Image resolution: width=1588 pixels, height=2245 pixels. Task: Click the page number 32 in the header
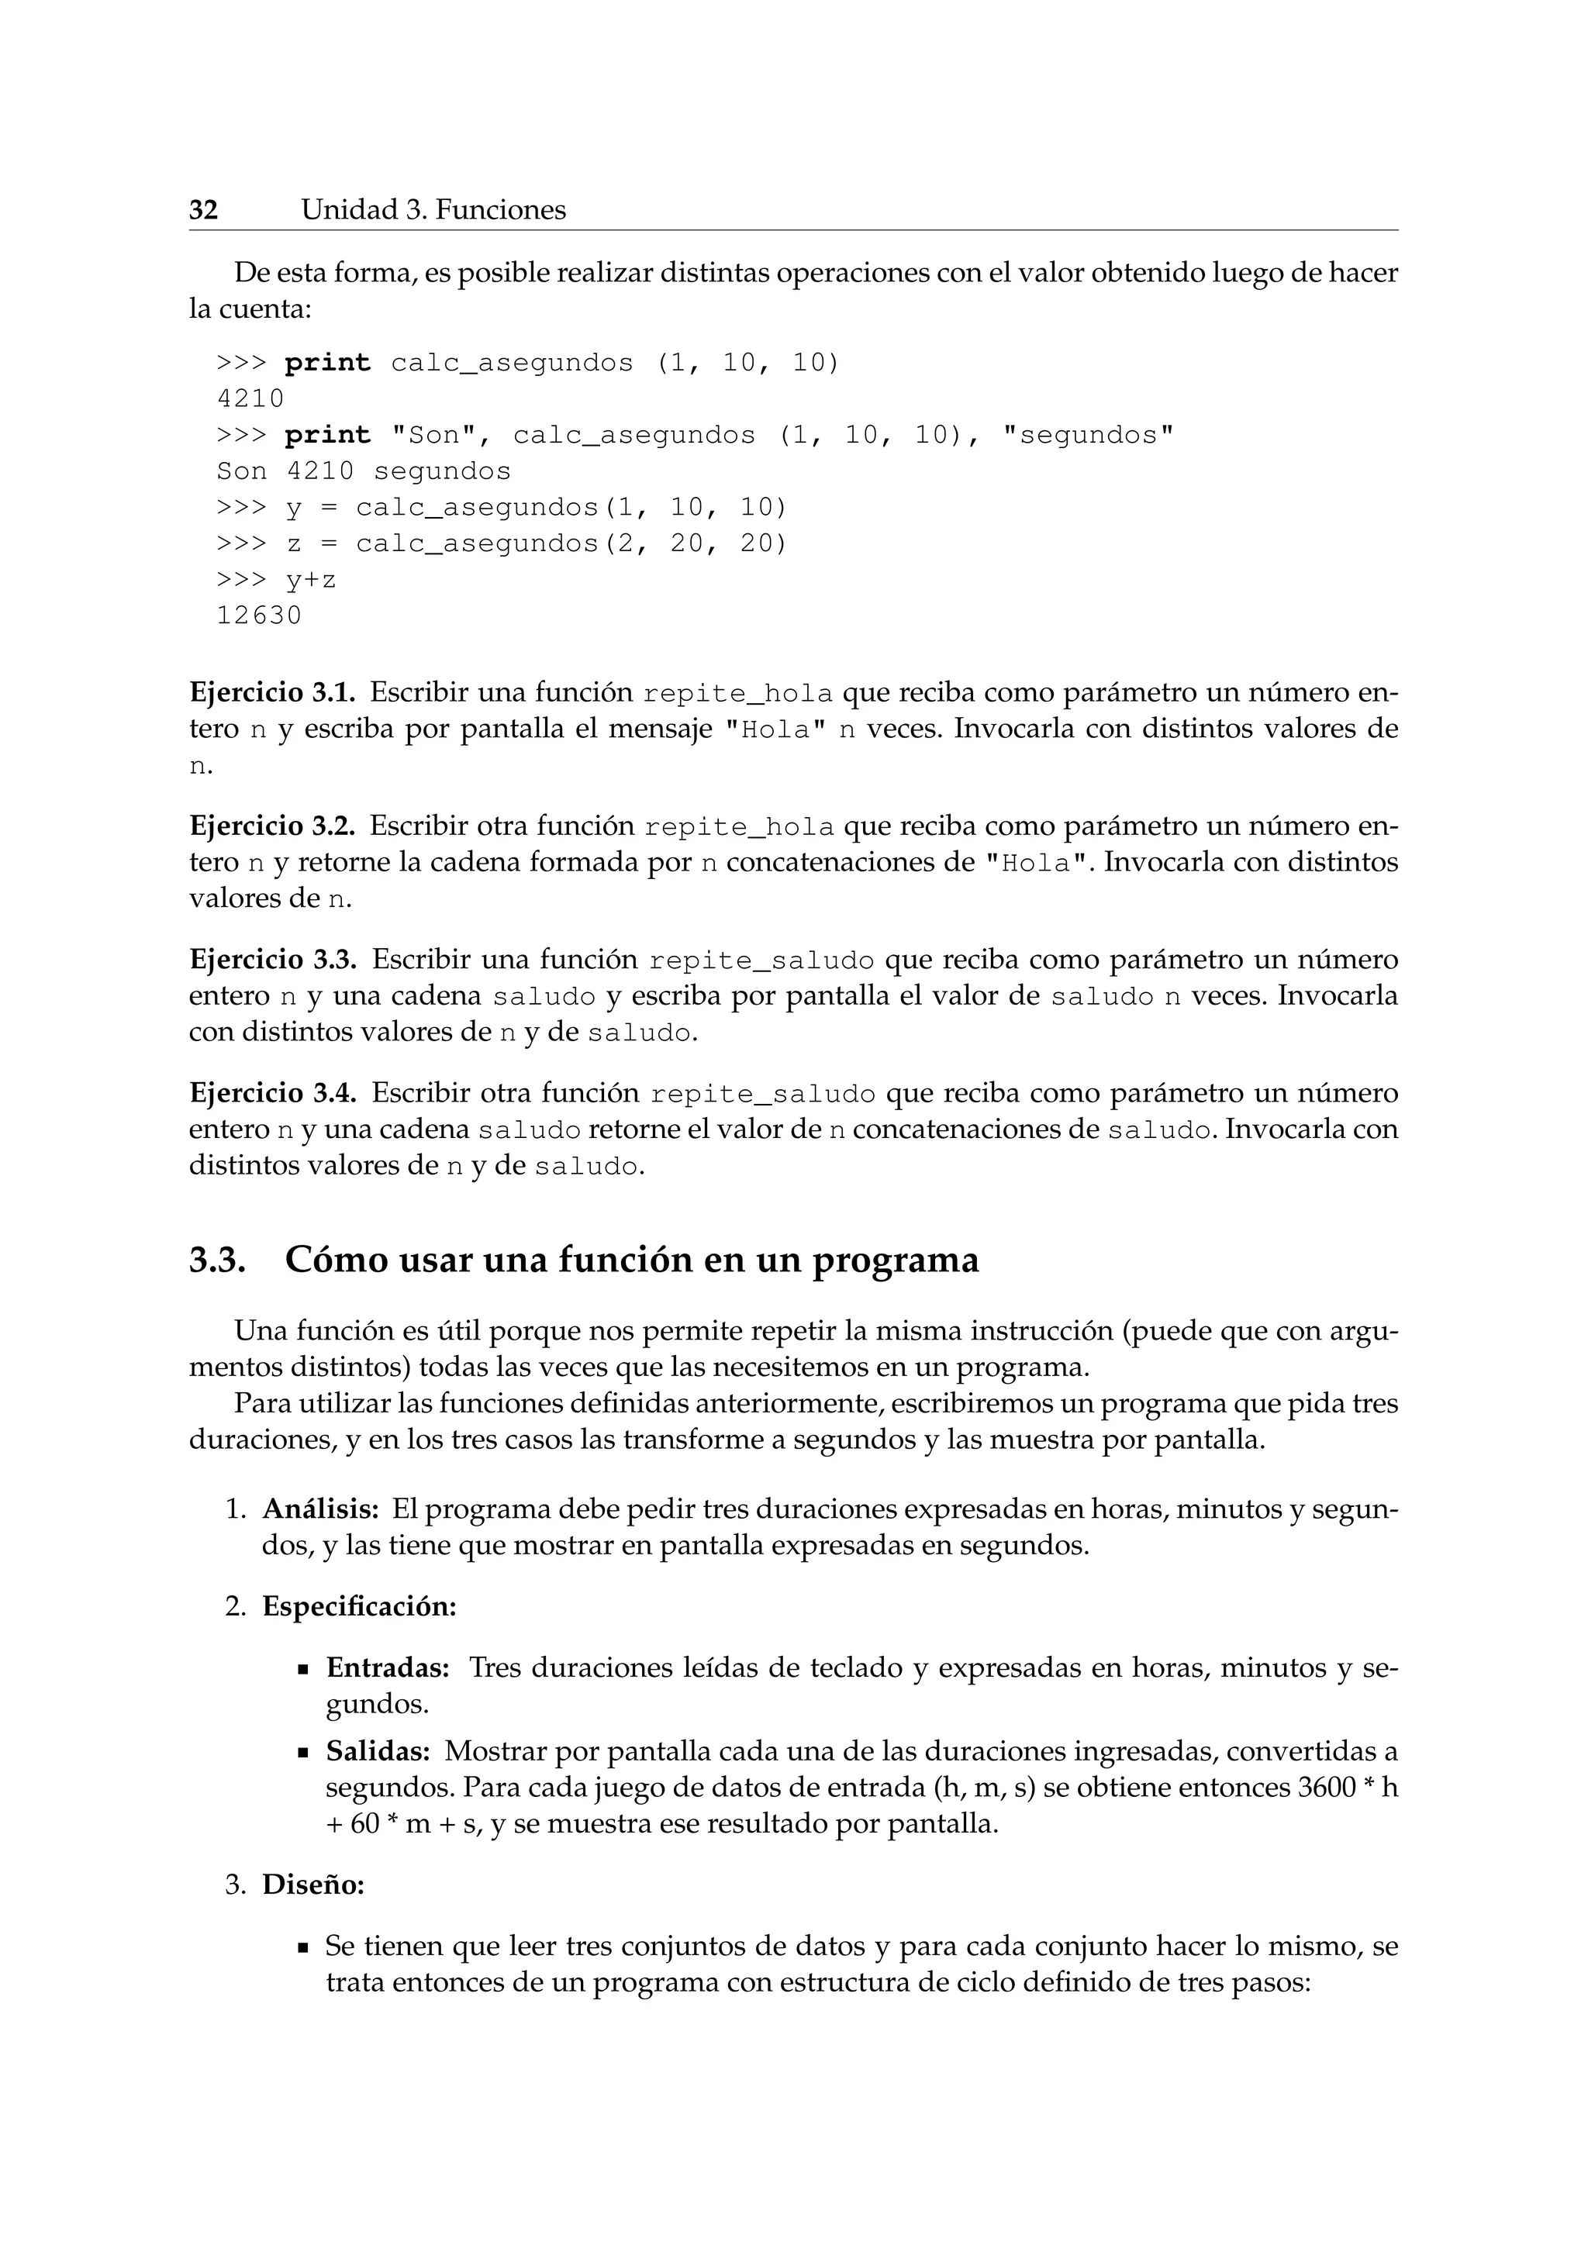[203, 210]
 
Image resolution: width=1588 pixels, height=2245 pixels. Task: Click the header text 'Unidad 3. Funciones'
[433, 210]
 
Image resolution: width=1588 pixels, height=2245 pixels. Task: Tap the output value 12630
[259, 616]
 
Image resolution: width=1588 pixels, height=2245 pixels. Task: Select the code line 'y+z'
[311, 581]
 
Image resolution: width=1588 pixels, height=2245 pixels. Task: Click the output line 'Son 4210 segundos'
[363, 471]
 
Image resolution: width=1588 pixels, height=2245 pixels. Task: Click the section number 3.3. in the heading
[216, 1260]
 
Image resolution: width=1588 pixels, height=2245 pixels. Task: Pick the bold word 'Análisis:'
[321, 1509]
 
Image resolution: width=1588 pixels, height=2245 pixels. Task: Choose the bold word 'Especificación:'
[360, 1606]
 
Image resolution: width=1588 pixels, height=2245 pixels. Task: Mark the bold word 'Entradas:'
[387, 1667]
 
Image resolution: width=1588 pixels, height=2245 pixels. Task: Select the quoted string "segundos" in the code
[1087, 435]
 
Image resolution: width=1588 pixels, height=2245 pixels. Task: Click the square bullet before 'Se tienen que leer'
[304, 1949]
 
